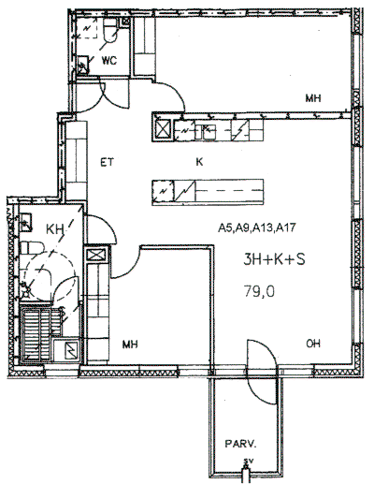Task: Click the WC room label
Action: pyautogui.click(x=108, y=60)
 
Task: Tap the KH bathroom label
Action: pyautogui.click(x=55, y=229)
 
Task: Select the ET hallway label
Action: pyautogui.click(x=108, y=162)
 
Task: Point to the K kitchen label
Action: pyautogui.click(x=199, y=162)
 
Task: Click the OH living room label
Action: pyautogui.click(x=313, y=344)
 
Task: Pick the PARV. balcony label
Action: pyautogui.click(x=240, y=444)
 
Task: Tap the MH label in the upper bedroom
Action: pyautogui.click(x=313, y=98)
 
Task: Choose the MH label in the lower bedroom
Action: pyautogui.click(x=130, y=345)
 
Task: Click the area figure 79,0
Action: pyautogui.click(x=259, y=292)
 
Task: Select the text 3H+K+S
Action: pyautogui.click(x=274, y=259)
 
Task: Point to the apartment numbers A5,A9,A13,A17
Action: pyautogui.click(x=256, y=228)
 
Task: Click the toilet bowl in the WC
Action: pyautogui.click(x=110, y=31)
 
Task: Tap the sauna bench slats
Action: pyautogui.click(x=40, y=332)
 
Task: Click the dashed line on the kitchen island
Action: pyautogui.click(x=229, y=191)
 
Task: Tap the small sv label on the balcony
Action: pyautogui.click(x=248, y=461)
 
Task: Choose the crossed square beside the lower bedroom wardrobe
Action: pyautogui.click(x=96, y=255)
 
